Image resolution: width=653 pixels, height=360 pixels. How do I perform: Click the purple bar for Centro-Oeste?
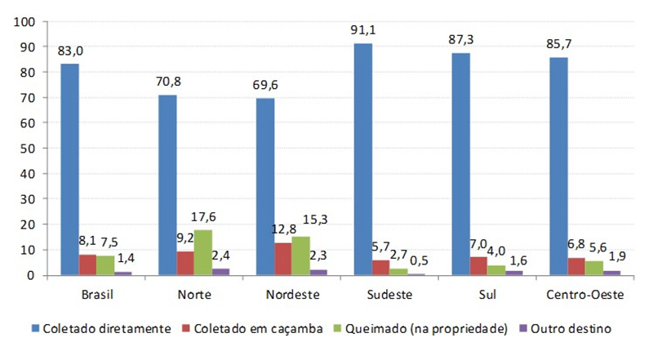pos(611,273)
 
